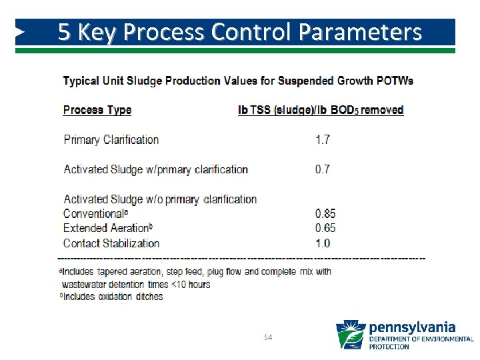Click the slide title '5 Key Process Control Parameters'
pyautogui.click(x=239, y=32)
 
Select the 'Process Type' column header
pyautogui.click(x=97, y=110)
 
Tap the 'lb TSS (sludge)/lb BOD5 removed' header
pyautogui.click(x=321, y=110)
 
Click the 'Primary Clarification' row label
pyautogui.click(x=111, y=140)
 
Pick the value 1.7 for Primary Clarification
pyautogui.click(x=323, y=140)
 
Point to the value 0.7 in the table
pyautogui.click(x=323, y=169)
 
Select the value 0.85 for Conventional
pyautogui.click(x=325, y=214)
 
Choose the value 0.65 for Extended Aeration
pyautogui.click(x=325, y=229)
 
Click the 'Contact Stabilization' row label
pyautogui.click(x=111, y=243)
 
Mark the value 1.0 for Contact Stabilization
pyautogui.click(x=323, y=243)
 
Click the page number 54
pyautogui.click(x=268, y=338)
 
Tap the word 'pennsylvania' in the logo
pyautogui.click(x=412, y=327)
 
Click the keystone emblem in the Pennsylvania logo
pyautogui.click(x=351, y=335)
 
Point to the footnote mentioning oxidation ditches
pyautogui.click(x=113, y=297)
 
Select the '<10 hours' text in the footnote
pyautogui.click(x=191, y=284)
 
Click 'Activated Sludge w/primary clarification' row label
pyautogui.click(x=156, y=169)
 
